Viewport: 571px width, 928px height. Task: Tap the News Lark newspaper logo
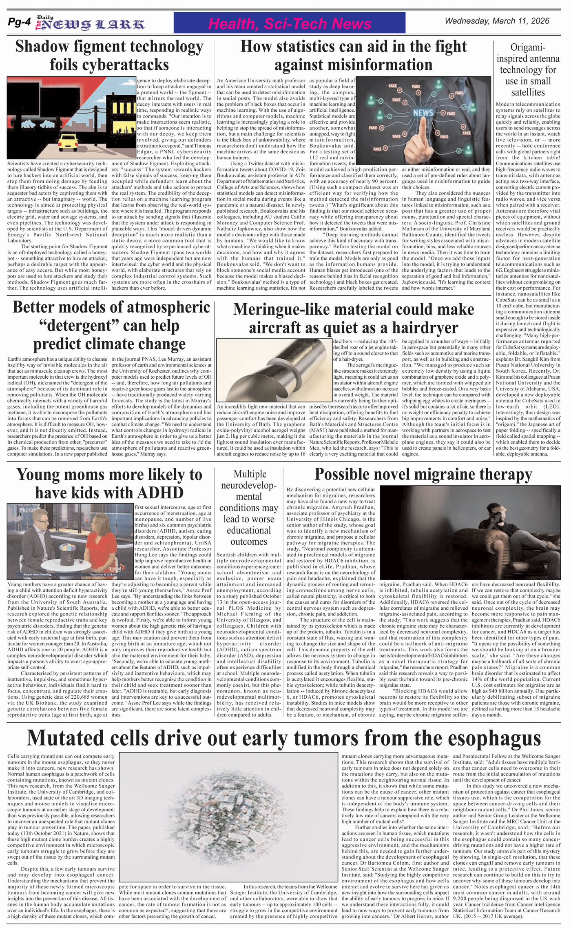(91, 24)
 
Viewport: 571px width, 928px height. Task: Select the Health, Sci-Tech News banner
(289, 24)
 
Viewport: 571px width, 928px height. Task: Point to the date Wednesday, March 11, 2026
(497, 21)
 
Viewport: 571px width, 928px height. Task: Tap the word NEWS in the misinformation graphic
(423, 112)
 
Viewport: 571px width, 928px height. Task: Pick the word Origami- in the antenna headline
(528, 47)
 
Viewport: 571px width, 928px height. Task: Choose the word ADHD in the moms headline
(160, 493)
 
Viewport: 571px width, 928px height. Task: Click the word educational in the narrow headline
(248, 530)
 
